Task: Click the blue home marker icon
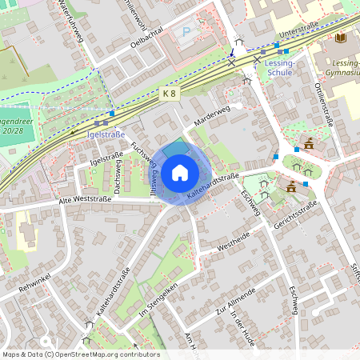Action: (x=180, y=172)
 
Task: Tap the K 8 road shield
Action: (x=169, y=93)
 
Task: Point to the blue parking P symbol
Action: (x=187, y=33)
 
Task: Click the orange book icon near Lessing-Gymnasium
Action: (x=342, y=38)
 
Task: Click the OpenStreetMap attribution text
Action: (x=80, y=354)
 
